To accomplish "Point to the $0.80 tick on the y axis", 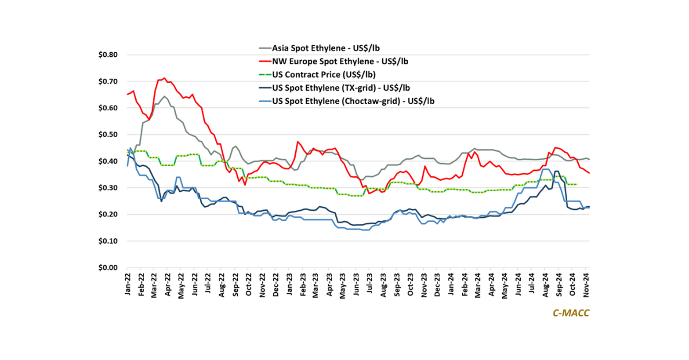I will point(107,55).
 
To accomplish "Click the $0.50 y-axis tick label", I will point(107,135).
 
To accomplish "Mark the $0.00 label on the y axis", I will point(107,268).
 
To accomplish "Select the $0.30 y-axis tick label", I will point(107,188).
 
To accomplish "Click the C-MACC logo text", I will point(571,313).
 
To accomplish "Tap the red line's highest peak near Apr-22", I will point(165,78).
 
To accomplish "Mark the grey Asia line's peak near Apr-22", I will point(164,96).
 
